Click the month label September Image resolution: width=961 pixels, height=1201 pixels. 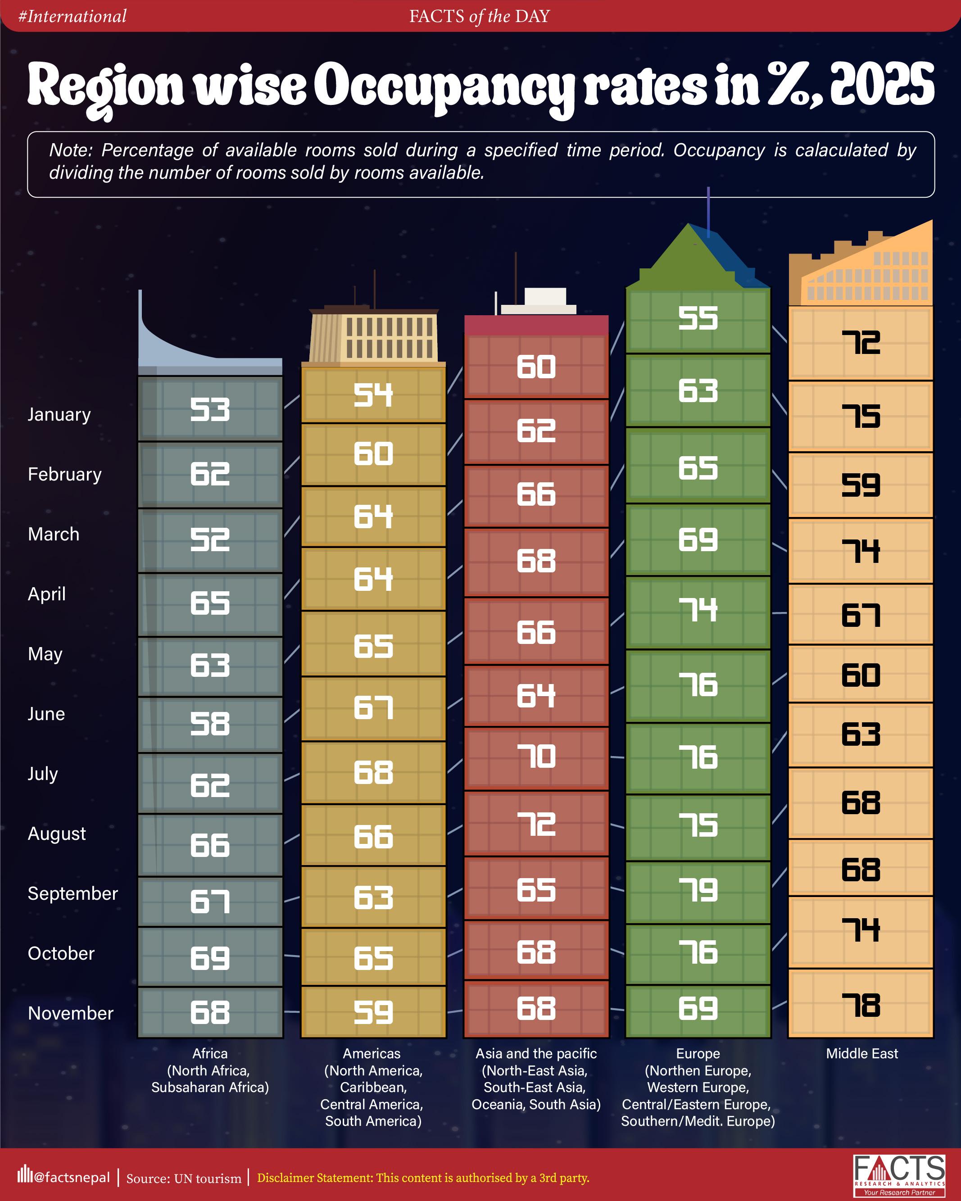(73, 893)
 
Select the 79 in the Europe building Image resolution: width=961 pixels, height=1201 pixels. (698, 890)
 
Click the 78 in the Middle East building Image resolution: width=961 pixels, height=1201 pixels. (860, 1006)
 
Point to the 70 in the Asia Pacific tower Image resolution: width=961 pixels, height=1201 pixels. (535, 757)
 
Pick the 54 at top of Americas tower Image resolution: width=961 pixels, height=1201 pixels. (373, 395)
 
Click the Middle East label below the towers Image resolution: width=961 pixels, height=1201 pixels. (861, 1053)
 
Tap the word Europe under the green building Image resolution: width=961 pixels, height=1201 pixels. (698, 1053)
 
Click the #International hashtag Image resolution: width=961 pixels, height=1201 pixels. (73, 16)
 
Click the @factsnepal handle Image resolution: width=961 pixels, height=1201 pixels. (71, 1178)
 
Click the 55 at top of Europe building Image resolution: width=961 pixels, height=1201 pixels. (698, 319)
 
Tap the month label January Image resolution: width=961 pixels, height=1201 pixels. (59, 414)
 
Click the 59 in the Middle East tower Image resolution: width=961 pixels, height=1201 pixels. (860, 485)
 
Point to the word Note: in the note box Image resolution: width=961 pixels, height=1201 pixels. (71, 150)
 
